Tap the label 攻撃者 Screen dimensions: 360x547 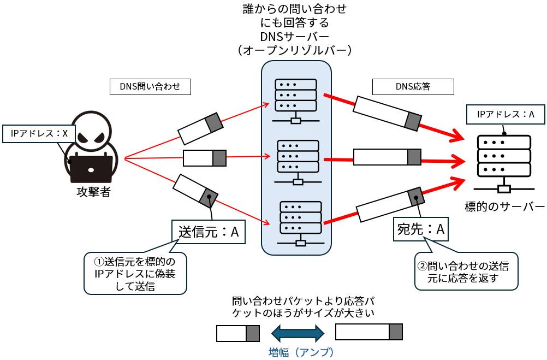[x=93, y=192]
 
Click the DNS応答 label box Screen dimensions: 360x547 [x=412, y=86]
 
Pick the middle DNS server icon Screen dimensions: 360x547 [x=298, y=162]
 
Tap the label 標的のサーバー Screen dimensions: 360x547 [x=504, y=207]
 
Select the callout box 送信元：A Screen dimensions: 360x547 [x=209, y=232]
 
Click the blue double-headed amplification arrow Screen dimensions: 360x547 [x=298, y=332]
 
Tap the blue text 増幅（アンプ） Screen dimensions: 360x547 [x=301, y=351]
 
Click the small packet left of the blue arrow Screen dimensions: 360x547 [x=237, y=333]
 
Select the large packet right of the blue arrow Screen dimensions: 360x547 [x=368, y=332]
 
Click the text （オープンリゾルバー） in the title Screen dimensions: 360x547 [x=294, y=50]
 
